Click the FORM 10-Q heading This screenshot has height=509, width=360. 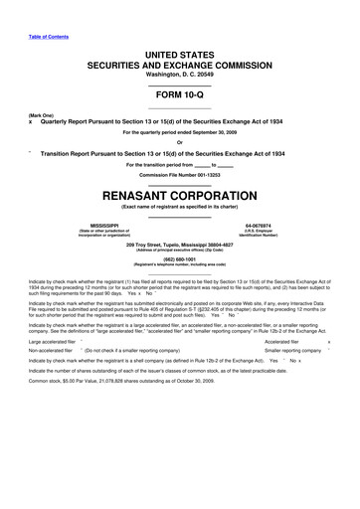click(179, 94)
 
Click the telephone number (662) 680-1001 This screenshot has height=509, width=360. click(179, 261)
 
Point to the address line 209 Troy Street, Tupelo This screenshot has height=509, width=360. click(179, 245)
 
